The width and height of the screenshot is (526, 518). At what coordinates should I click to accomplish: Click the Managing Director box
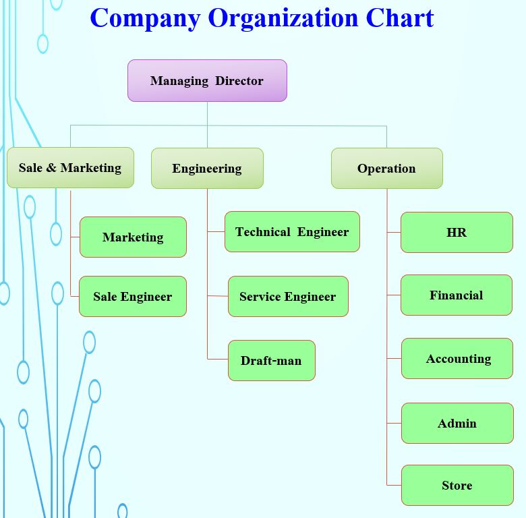pyautogui.click(x=207, y=81)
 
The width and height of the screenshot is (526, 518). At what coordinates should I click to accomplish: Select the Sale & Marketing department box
pyautogui.click(x=70, y=168)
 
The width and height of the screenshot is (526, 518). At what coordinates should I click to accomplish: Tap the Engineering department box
pyautogui.click(x=207, y=169)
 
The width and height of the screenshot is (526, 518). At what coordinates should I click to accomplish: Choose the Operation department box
pyautogui.click(x=386, y=169)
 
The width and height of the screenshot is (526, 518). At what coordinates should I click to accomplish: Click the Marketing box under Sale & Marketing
pyautogui.click(x=133, y=237)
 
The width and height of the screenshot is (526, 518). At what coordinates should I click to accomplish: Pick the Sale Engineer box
pyautogui.click(x=132, y=297)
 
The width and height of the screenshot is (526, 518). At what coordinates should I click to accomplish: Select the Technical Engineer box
pyautogui.click(x=292, y=232)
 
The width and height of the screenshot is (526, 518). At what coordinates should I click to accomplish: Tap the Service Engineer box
pyautogui.click(x=288, y=297)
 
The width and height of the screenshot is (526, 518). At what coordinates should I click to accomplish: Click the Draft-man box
pyautogui.click(x=271, y=361)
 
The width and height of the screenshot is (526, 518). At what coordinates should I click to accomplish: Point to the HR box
pyautogui.click(x=457, y=233)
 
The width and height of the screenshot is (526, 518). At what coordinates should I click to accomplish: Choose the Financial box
pyautogui.click(x=457, y=295)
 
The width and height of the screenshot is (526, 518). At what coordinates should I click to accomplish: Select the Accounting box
pyautogui.click(x=458, y=359)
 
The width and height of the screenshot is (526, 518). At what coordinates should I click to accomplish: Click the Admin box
pyautogui.click(x=457, y=424)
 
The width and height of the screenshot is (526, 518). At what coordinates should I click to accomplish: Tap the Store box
pyautogui.click(x=457, y=486)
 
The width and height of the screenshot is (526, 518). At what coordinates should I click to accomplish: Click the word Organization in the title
pyautogui.click(x=283, y=18)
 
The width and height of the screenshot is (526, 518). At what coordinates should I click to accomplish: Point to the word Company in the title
pyautogui.click(x=145, y=18)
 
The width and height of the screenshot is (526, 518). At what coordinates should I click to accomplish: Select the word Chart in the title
pyautogui.click(x=399, y=18)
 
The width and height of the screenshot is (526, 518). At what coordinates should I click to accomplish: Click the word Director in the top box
pyautogui.click(x=239, y=81)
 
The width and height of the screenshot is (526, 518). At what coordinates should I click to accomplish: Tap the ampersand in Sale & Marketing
pyautogui.click(x=51, y=168)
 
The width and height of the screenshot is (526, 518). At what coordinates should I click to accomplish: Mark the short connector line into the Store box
pyautogui.click(x=394, y=485)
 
